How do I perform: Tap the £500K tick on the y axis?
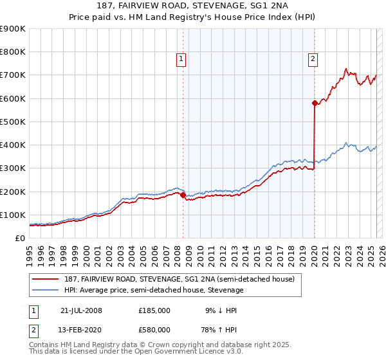click(x=13, y=122)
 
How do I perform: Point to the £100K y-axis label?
click(x=13, y=215)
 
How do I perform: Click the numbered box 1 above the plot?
click(x=181, y=60)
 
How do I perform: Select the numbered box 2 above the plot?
click(x=313, y=60)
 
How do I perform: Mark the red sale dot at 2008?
click(x=183, y=195)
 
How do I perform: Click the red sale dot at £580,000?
click(x=315, y=103)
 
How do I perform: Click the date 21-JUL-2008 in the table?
click(x=81, y=310)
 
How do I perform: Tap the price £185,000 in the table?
click(x=154, y=310)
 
